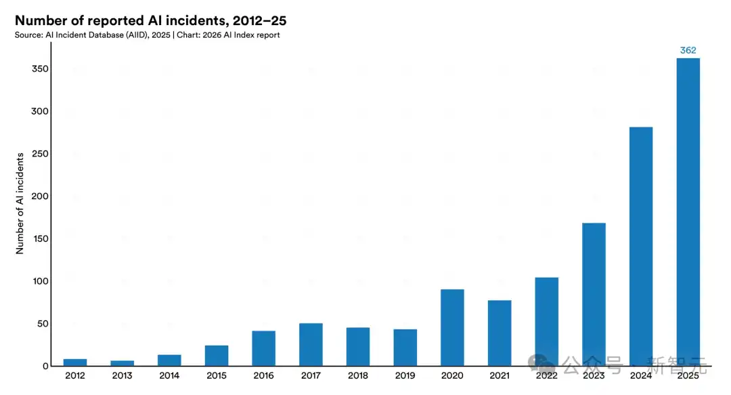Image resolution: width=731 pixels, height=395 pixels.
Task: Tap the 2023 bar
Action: click(x=594, y=294)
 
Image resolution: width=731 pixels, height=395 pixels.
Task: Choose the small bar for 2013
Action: click(x=122, y=363)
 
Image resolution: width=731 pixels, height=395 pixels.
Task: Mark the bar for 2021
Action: click(x=500, y=333)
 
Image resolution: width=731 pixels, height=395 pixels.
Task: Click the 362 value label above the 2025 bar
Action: click(x=688, y=50)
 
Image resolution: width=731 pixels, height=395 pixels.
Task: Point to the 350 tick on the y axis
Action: click(x=40, y=69)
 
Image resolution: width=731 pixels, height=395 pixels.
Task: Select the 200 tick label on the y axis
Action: click(x=40, y=196)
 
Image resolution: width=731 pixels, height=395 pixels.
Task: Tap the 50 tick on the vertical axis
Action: click(x=43, y=324)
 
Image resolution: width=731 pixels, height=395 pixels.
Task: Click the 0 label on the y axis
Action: click(x=45, y=366)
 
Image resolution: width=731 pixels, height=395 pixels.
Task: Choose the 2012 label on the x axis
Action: click(x=75, y=375)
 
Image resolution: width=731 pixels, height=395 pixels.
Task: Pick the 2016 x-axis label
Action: click(x=263, y=375)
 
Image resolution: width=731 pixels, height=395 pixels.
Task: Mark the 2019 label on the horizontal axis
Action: click(x=405, y=375)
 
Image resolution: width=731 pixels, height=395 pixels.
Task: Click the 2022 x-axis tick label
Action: click(x=546, y=375)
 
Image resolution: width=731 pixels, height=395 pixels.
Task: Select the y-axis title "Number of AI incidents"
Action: click(x=20, y=203)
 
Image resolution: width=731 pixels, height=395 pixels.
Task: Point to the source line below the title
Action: click(x=147, y=35)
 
